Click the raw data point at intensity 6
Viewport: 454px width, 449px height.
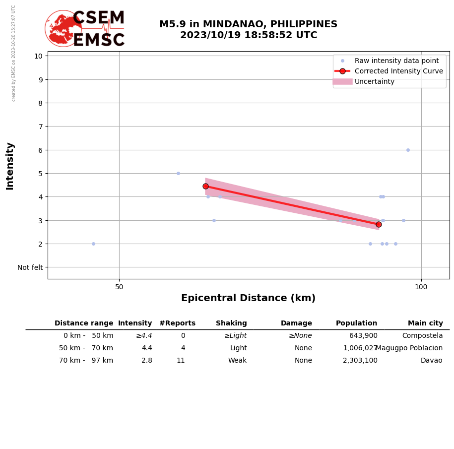(x=408, y=150)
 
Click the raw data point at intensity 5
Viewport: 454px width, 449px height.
(x=178, y=173)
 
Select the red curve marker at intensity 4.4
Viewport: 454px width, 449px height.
(x=205, y=186)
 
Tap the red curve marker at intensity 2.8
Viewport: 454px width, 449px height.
(x=379, y=224)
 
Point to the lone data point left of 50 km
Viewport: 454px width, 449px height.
(x=93, y=244)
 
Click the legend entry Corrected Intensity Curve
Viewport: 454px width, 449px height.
(x=398, y=71)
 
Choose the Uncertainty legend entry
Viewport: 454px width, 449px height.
(x=374, y=81)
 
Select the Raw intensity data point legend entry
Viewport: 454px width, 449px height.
(x=396, y=61)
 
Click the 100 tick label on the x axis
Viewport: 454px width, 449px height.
(x=421, y=287)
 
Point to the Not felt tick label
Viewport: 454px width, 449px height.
(x=30, y=267)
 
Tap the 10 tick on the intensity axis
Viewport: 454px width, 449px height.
(x=38, y=56)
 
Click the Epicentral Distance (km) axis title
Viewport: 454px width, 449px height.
(x=248, y=298)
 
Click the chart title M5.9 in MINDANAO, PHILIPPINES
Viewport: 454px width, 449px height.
(x=248, y=24)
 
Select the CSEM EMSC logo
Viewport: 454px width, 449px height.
(x=85, y=29)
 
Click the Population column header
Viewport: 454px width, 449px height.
(x=356, y=323)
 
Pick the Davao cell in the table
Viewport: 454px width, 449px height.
(x=431, y=361)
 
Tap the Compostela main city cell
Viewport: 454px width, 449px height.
(x=422, y=336)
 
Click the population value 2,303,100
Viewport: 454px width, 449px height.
(x=360, y=361)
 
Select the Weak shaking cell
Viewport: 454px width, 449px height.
(x=237, y=361)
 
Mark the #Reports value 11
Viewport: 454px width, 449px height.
(x=181, y=361)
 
